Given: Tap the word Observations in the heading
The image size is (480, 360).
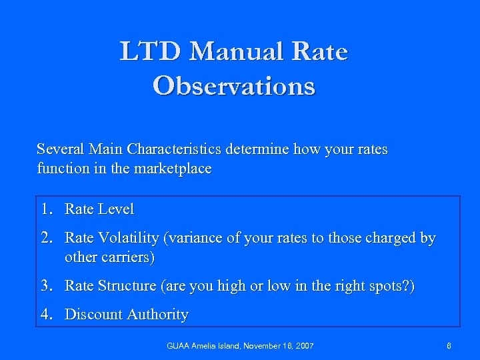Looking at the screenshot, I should point(233,86).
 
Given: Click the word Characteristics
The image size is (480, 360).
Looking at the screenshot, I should point(175,149).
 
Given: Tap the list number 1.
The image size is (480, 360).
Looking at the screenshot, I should point(45,209).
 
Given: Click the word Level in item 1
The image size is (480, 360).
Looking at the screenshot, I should point(115,209).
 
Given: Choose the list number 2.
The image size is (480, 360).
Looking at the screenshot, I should point(45,238).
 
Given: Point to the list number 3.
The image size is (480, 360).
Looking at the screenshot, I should point(45,286).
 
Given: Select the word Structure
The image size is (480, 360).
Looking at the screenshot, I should point(126,286).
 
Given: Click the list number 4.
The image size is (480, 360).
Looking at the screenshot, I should point(45,315).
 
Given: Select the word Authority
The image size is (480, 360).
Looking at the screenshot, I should point(155,315).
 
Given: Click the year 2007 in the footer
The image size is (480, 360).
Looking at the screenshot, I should point(303,346).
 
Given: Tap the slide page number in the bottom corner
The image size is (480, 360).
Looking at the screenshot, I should point(449,346).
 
